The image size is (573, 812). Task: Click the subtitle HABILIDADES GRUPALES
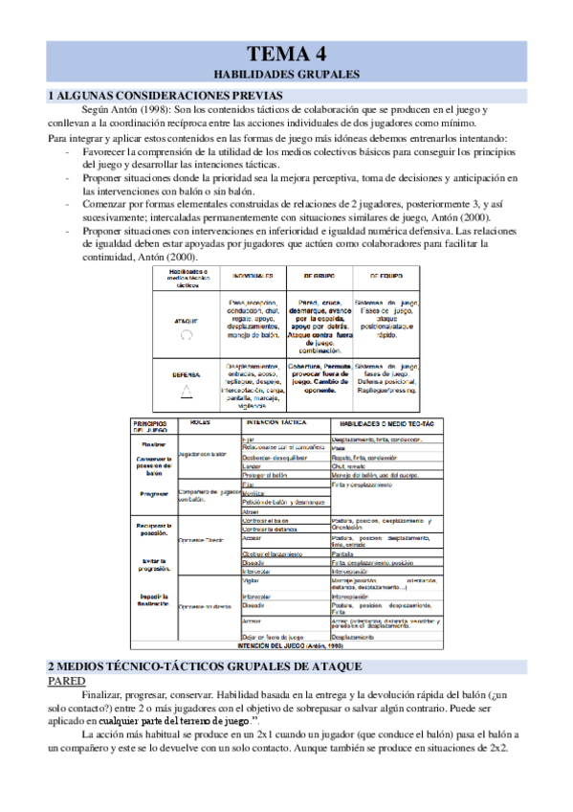[x=286, y=73]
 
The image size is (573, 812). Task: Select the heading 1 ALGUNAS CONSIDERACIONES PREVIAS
[x=165, y=96]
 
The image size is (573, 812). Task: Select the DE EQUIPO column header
[x=386, y=275]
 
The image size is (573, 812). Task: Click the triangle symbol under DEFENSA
[x=187, y=392]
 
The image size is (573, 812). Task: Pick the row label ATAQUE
[x=187, y=321]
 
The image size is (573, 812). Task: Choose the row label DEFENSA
[x=187, y=375]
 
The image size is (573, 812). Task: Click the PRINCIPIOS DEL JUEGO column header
[x=150, y=425]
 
